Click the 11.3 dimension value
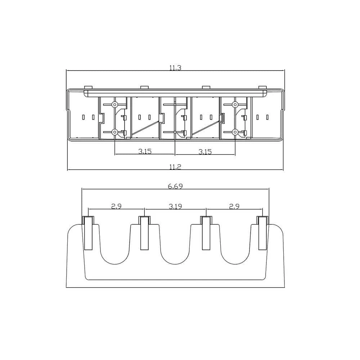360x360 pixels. [175, 68]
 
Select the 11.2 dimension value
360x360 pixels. [175, 167]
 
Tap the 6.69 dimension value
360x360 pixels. [175, 186]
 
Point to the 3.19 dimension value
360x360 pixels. [175, 206]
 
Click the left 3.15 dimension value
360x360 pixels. [145, 151]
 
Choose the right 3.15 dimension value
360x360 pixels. [205, 152]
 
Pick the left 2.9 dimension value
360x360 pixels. [116, 206]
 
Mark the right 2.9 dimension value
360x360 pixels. [234, 206]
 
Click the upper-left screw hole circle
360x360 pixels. [114, 105]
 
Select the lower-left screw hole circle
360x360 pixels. [114, 132]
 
